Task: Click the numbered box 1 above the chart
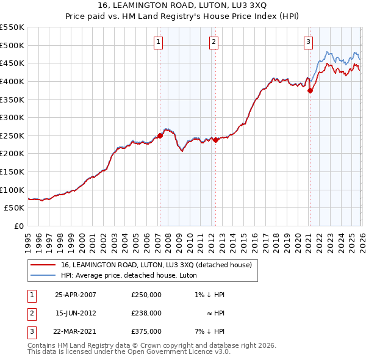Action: (158, 42)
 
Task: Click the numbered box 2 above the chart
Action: (214, 42)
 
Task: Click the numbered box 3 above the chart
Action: (308, 42)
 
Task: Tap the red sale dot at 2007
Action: (160, 135)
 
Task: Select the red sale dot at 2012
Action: (215, 140)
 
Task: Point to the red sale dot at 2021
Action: (310, 90)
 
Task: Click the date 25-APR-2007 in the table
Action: (75, 295)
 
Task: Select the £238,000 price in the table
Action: (146, 313)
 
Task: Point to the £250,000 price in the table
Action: (146, 295)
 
